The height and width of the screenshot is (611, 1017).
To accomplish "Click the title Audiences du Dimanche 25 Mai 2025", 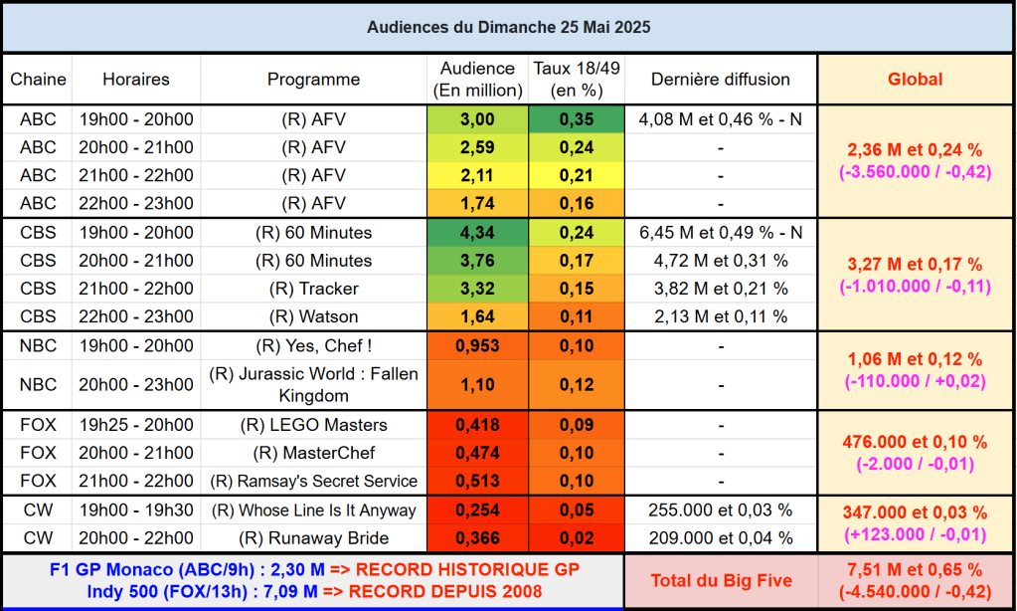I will tap(508, 27).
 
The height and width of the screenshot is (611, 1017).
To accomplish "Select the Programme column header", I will tap(313, 80).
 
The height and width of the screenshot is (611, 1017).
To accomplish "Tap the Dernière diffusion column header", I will tap(721, 80).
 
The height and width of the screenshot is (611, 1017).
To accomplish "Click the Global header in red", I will tap(915, 80).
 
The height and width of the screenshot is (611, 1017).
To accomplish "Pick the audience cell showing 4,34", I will tap(477, 233).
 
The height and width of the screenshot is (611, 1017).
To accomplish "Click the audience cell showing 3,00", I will tap(477, 119).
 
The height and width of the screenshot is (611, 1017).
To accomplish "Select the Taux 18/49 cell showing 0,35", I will tap(577, 119).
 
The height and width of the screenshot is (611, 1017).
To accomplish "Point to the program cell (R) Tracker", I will tap(313, 289).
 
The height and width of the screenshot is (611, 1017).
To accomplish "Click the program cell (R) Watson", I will tap(313, 316).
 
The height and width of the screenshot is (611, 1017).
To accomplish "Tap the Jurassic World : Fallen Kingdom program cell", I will tap(313, 384).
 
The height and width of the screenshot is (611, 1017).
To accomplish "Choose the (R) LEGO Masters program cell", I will tap(313, 425).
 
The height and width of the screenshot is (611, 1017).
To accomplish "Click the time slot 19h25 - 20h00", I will tap(136, 425).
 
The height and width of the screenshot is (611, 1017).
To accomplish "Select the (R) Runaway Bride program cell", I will tap(313, 538).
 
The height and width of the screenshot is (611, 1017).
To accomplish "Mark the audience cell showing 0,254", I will tap(477, 510).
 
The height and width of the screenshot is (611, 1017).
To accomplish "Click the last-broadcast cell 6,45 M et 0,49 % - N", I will tap(721, 233).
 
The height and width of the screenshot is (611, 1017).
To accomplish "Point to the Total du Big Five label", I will tap(721, 580).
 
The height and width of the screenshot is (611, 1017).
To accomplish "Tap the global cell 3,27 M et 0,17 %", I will tap(915, 265).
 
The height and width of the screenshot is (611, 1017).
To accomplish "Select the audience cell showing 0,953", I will tap(477, 346).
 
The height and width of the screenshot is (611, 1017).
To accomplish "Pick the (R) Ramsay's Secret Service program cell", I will tap(313, 481).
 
